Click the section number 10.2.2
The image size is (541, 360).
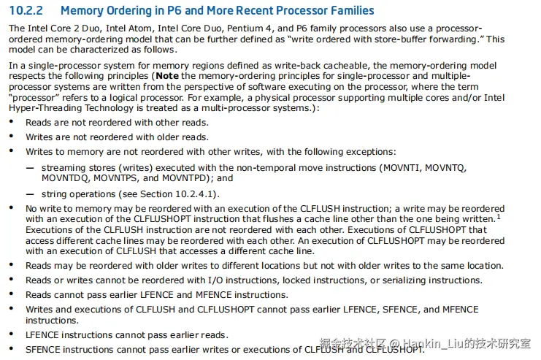[x=26, y=11]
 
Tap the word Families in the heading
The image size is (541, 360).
[x=349, y=11]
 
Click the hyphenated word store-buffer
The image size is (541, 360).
[x=390, y=39]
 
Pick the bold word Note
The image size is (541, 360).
[x=167, y=76]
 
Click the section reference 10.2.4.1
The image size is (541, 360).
[x=196, y=194]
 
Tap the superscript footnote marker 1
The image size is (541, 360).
[x=499, y=216]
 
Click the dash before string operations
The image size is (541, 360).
[x=30, y=194]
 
